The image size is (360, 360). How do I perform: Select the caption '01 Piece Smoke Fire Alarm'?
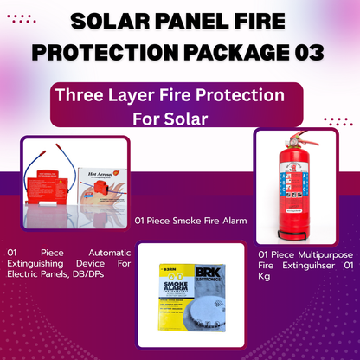click(190, 221)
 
